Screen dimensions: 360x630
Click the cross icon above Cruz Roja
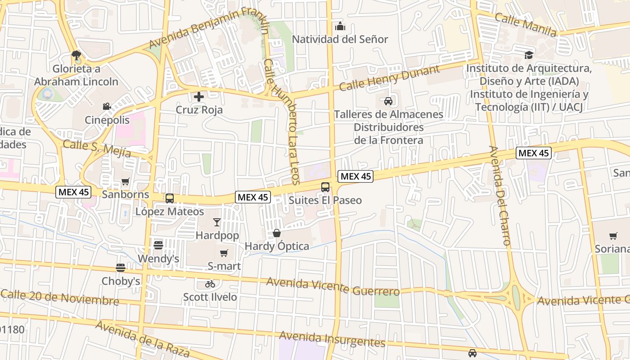[x=198, y=97]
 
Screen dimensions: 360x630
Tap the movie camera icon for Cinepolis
[x=107, y=107]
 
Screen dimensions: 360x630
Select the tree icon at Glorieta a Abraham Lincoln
[x=76, y=55]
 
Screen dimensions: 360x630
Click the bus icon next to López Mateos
[x=170, y=198]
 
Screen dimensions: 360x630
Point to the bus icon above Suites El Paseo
[x=325, y=187]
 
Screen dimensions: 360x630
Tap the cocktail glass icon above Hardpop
[x=217, y=222]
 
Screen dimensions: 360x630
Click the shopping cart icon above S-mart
[x=224, y=253]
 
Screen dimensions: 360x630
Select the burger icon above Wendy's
[x=158, y=245]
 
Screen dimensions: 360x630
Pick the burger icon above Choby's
[x=120, y=268]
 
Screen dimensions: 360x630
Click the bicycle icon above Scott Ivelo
[x=210, y=284]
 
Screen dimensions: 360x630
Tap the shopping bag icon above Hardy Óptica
[x=277, y=233]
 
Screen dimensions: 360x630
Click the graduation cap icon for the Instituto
[x=529, y=55]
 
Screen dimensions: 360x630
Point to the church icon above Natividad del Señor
[x=340, y=27]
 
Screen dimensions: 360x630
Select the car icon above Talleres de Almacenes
[x=388, y=101]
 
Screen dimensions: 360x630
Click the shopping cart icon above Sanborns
[x=125, y=182]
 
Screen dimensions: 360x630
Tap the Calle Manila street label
[x=525, y=24]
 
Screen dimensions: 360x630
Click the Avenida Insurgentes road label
[x=332, y=339]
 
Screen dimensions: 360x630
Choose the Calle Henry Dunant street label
[x=389, y=78]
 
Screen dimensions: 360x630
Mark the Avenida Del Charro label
[x=499, y=196]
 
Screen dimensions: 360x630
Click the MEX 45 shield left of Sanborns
[x=74, y=192]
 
